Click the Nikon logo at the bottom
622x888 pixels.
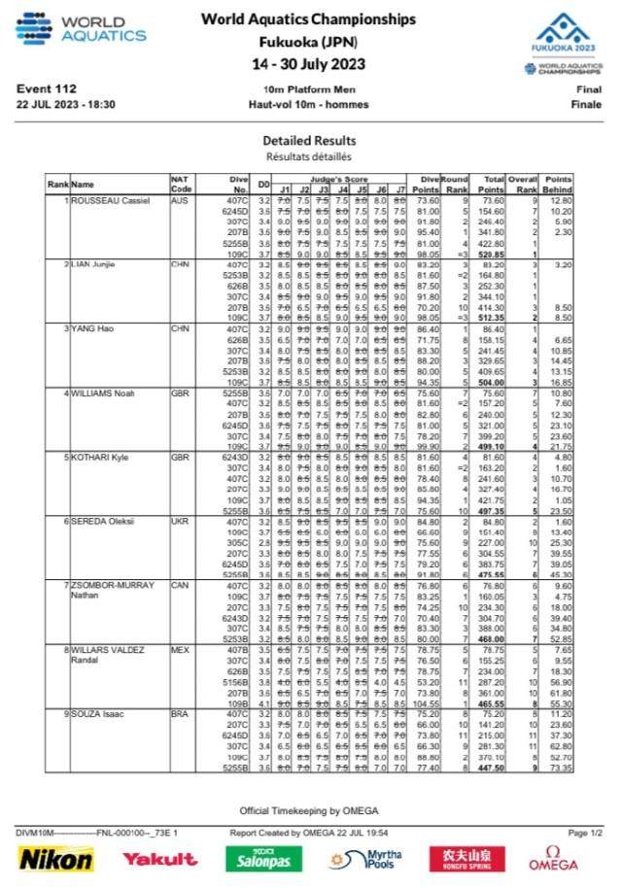click(57, 859)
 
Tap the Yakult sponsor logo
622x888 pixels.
click(159, 859)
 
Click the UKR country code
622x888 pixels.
click(179, 521)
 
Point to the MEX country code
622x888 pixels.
click(179, 649)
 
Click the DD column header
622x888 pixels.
click(262, 184)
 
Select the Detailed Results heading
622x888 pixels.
click(309, 141)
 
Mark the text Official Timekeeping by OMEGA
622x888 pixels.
click(309, 809)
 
